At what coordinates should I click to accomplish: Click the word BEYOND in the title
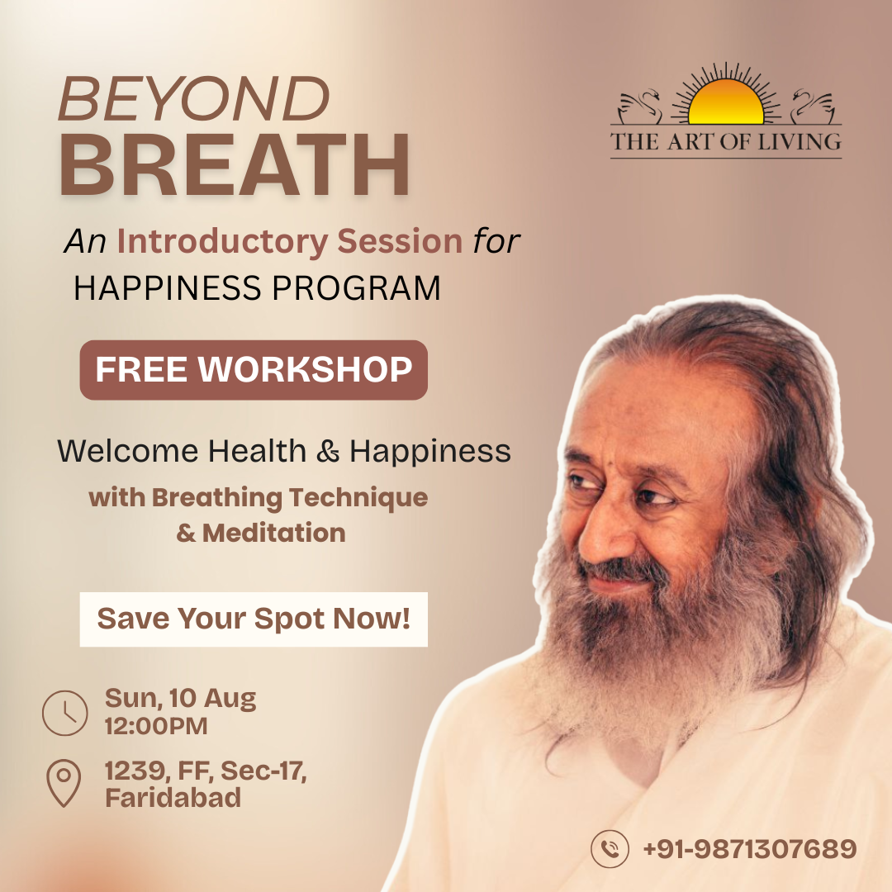[x=194, y=97]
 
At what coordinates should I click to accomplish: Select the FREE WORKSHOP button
[x=254, y=370]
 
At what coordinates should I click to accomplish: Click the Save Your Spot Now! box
[x=254, y=619]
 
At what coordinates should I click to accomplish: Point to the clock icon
[x=65, y=713]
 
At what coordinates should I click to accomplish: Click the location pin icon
[x=64, y=783]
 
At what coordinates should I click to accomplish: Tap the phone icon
[x=610, y=849]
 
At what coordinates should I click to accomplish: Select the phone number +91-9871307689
[x=750, y=849]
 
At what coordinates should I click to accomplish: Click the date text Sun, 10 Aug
[x=180, y=699]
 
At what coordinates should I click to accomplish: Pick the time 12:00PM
[x=156, y=727]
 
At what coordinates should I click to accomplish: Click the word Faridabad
[x=173, y=798]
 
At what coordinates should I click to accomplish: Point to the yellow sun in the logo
[x=726, y=102]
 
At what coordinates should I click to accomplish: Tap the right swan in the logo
[x=813, y=106]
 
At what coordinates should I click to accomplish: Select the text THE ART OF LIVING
[x=726, y=141]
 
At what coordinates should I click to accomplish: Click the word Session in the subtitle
[x=400, y=241]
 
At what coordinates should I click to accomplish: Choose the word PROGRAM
[x=357, y=288]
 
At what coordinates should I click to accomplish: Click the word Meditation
[x=273, y=533]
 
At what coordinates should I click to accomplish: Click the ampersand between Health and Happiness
[x=328, y=452]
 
